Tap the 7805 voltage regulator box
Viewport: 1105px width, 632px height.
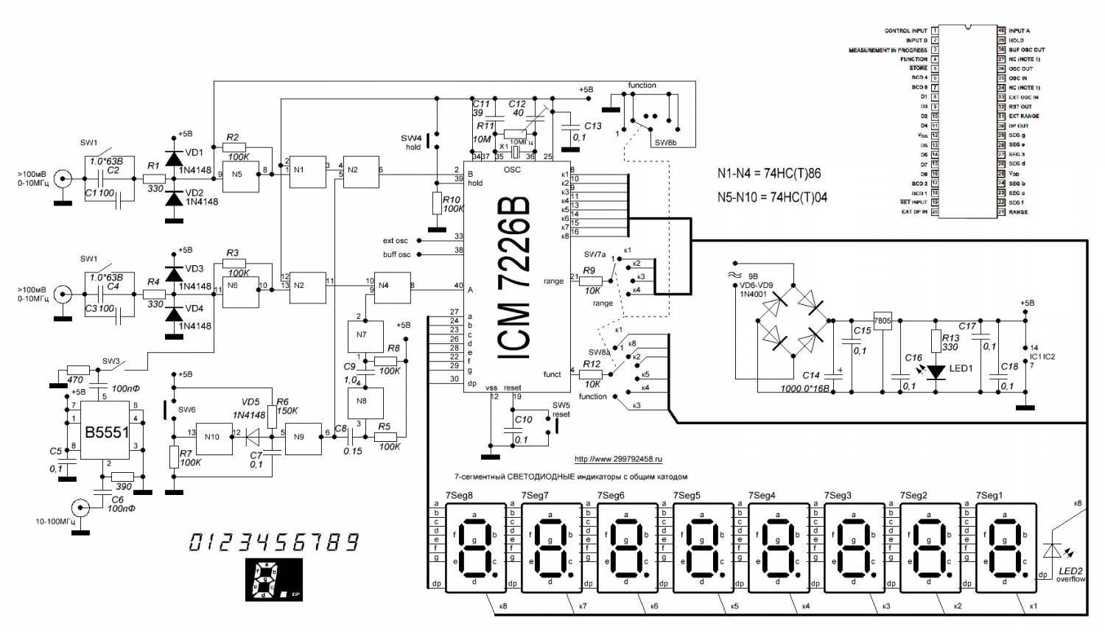pos(882,320)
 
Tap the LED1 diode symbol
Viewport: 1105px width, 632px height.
pos(936,371)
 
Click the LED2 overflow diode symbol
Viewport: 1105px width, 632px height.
pos(1053,552)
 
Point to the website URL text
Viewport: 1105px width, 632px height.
pos(618,458)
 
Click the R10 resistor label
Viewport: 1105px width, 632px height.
pos(451,199)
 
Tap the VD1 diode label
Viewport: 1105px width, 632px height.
pos(194,152)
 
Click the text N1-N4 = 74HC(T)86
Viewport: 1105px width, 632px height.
pos(769,174)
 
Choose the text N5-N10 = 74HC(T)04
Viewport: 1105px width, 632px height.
pos(772,197)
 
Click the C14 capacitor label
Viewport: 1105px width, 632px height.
pos(810,375)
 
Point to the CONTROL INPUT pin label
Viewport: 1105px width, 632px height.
pos(905,31)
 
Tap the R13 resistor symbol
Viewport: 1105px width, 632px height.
pos(936,341)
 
